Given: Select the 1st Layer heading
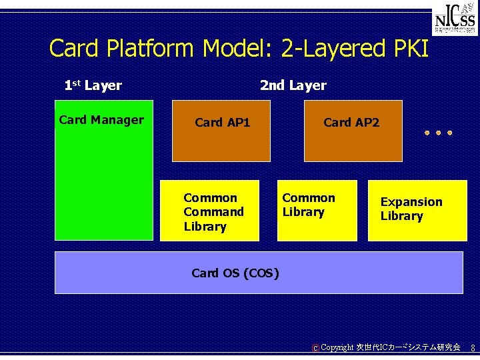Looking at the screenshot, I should (x=93, y=85).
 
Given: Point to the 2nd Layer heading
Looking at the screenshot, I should (x=293, y=85).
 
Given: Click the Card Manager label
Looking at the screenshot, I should (x=101, y=120).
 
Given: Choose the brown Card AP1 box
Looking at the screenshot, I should (x=221, y=131).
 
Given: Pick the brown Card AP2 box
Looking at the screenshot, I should (x=353, y=131).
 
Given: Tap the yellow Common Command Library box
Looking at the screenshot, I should (x=209, y=211).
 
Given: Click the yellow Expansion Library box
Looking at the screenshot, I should (x=417, y=211).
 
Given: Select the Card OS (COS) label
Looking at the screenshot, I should (x=235, y=273).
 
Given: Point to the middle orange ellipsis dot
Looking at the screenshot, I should (x=439, y=133).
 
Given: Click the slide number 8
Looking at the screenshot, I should (x=473, y=348).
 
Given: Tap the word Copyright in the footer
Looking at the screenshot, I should (x=337, y=347).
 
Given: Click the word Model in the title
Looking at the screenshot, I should (x=237, y=49).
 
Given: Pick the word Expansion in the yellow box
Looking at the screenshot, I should (x=411, y=202).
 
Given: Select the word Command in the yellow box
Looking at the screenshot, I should (x=213, y=212).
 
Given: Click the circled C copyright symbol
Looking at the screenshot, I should (x=315, y=348).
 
